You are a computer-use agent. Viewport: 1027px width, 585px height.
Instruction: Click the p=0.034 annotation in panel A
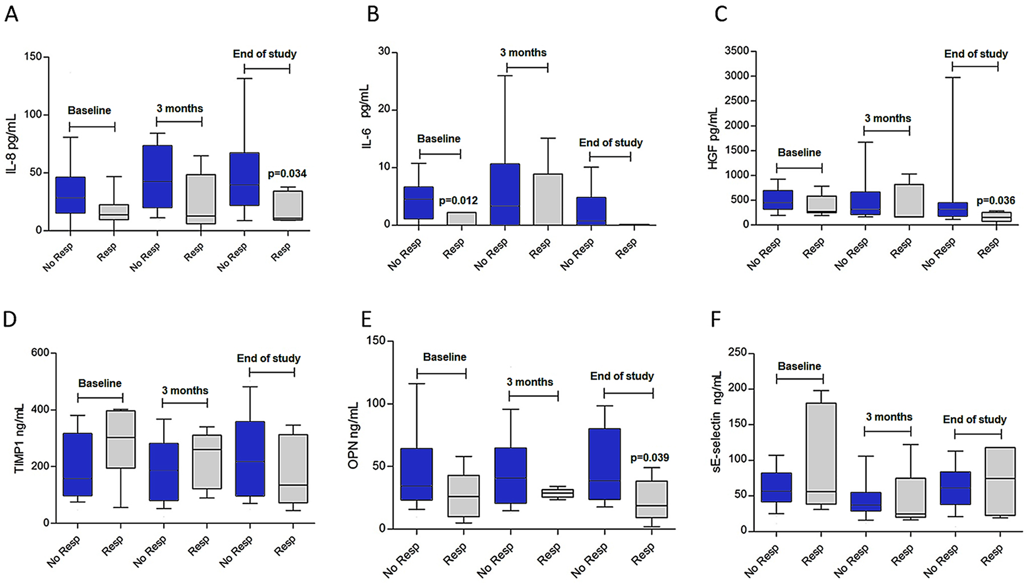coord(287,174)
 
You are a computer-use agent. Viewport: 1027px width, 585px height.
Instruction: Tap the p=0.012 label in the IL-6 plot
coord(458,200)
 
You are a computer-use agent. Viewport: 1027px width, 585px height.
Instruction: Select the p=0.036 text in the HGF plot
coord(996,200)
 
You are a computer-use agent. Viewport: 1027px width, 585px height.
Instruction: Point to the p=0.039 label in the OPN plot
coord(649,458)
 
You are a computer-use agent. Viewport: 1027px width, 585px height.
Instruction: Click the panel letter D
coord(10,320)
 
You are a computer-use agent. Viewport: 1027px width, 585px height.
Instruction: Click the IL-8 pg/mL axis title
coord(12,143)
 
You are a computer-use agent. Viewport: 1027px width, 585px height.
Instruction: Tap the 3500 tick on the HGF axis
coord(737,51)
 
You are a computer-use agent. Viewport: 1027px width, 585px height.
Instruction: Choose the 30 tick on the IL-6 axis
coord(383,51)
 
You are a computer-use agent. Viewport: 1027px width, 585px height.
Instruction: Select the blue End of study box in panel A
coord(244,179)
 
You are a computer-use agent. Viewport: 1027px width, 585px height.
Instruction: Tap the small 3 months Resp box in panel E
coord(557,493)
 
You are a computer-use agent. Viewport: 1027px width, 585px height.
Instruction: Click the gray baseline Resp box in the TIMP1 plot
coord(122,438)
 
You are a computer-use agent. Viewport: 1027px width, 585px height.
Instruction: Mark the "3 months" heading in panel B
coord(523,53)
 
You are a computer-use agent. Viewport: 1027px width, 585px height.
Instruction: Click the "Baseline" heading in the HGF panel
coord(799,152)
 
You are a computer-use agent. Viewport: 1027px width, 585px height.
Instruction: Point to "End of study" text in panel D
coord(268,358)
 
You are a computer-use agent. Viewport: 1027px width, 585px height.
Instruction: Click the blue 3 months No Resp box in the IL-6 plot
coord(505,194)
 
